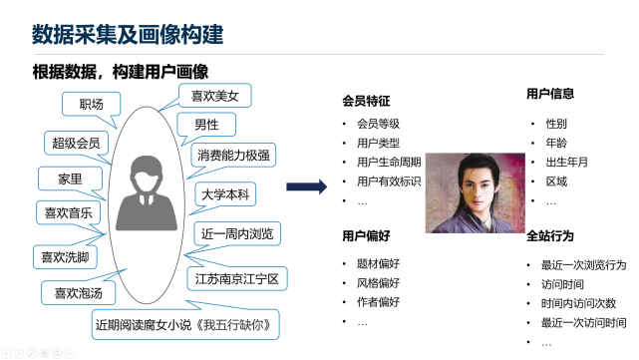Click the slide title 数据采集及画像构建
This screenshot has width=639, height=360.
coord(128,35)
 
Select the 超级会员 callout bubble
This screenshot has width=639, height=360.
coord(77,143)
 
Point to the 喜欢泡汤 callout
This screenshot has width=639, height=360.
coord(79,293)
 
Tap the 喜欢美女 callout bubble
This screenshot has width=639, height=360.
coord(215,96)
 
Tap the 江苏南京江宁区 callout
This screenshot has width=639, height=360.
coord(237,276)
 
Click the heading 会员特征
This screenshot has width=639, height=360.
coord(366,101)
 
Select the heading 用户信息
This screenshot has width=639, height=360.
coord(550,94)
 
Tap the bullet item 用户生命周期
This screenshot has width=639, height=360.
coord(389,163)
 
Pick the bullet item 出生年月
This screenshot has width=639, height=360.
coord(569,163)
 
